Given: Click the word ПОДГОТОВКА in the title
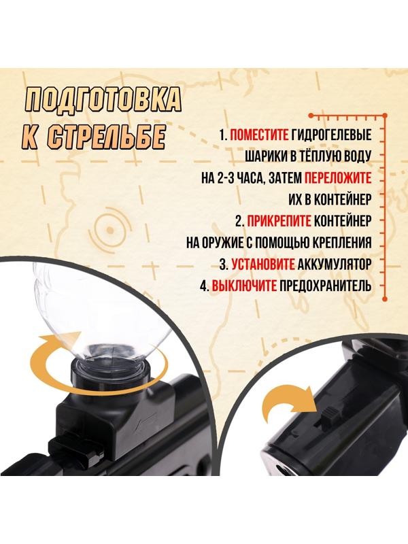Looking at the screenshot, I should pyautogui.click(x=103, y=101).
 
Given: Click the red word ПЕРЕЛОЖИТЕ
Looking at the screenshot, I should pyautogui.click(x=337, y=178).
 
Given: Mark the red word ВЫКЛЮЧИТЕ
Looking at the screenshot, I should pyautogui.click(x=244, y=286).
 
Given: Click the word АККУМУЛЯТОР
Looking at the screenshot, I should pyautogui.click(x=337, y=264).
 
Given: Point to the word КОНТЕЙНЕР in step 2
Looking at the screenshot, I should pyautogui.click(x=343, y=221).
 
